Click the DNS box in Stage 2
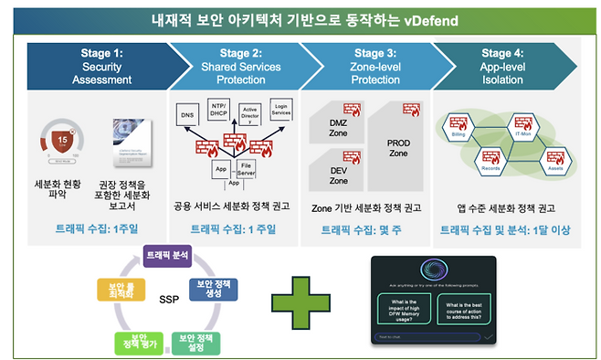pyautogui.click(x=187, y=116)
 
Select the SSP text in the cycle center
pyautogui.click(x=168, y=301)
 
